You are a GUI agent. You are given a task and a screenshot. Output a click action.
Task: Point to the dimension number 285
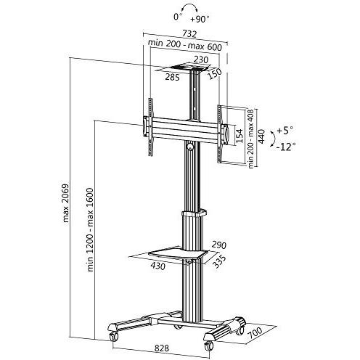171,76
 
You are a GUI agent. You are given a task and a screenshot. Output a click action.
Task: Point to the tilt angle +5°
285,131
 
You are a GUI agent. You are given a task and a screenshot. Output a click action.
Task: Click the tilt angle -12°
287,146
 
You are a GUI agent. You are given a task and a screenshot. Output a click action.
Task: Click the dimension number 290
219,245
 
